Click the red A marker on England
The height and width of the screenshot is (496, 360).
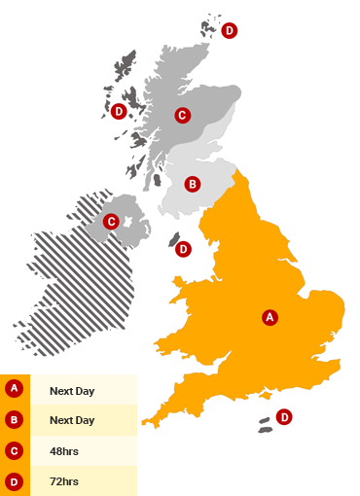(x=270, y=316)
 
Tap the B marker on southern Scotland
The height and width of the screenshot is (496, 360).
(x=193, y=183)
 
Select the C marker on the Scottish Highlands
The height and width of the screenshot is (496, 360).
(x=181, y=115)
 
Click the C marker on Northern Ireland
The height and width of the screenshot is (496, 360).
(x=111, y=222)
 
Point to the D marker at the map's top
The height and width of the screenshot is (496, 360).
(x=230, y=30)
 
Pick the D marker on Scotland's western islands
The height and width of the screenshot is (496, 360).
(x=118, y=111)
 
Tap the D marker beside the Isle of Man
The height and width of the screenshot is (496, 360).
(x=183, y=250)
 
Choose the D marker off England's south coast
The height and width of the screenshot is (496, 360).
(x=284, y=417)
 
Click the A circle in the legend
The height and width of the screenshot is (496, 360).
(x=14, y=389)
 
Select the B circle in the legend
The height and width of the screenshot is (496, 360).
(x=14, y=420)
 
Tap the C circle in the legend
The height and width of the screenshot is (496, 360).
(x=14, y=450)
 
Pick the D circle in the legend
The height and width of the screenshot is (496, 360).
(x=14, y=480)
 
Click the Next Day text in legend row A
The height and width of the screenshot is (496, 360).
(x=72, y=389)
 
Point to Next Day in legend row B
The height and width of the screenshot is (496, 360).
(x=72, y=420)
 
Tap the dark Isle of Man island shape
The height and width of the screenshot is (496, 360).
(x=174, y=240)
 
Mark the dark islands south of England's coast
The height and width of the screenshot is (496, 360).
(x=265, y=425)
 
